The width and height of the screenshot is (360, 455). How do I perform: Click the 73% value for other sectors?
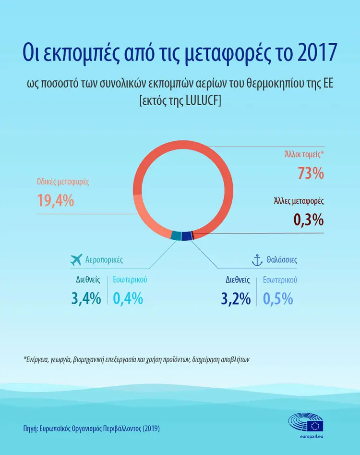click(x=311, y=173)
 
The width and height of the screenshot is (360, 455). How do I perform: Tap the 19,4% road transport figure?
click(x=55, y=200)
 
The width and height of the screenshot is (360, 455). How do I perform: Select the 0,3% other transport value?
click(x=309, y=220)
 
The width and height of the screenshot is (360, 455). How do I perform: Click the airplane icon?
click(x=76, y=259)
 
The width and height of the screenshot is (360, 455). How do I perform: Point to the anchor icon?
click(x=257, y=260)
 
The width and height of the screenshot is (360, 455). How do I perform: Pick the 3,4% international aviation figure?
click(x=86, y=298)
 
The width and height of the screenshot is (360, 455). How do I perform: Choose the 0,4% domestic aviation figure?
click(x=128, y=298)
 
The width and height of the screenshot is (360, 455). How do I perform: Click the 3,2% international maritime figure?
click(x=236, y=299)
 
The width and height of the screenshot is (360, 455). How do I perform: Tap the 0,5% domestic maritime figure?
click(x=278, y=299)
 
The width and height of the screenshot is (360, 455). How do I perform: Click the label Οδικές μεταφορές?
click(x=63, y=182)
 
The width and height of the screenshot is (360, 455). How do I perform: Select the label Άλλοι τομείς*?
click(x=304, y=154)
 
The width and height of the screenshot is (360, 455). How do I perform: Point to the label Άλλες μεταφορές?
click(x=299, y=201)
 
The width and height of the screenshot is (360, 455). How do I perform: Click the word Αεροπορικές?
click(x=104, y=260)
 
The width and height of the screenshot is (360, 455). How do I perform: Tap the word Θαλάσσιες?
click(x=282, y=260)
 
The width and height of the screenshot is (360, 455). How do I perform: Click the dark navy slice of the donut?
click(x=187, y=235)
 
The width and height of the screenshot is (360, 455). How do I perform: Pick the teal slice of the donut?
click(x=176, y=235)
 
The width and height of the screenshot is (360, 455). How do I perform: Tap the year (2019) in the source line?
click(x=151, y=428)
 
